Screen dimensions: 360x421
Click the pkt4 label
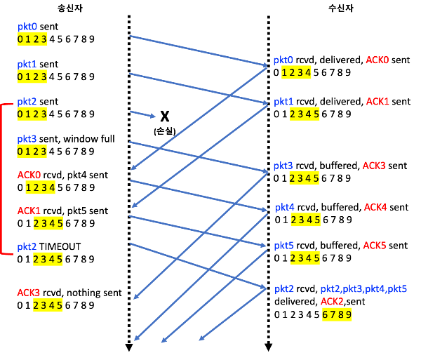284,207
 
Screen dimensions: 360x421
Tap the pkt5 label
283,246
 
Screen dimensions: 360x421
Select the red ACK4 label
375,207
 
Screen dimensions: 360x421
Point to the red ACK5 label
374,246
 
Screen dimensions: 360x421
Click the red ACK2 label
332,302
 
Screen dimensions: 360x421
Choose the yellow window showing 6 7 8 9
337,314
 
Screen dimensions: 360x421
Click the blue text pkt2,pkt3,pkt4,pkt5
363,289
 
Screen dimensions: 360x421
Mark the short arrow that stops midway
142,114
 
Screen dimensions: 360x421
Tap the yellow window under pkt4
305,220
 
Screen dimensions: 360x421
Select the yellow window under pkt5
305,258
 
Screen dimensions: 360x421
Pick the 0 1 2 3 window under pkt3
32,152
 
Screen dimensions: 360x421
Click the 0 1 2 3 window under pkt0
32,39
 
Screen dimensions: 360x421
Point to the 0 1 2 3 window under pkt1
32,76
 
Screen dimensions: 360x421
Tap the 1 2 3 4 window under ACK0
40,187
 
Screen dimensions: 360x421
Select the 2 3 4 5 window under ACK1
48,224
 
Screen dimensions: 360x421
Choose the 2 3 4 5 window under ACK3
48,305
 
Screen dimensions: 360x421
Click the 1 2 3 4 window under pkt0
296,72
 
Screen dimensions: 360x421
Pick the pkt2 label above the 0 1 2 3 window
27,101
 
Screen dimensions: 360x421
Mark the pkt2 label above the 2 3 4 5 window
27,247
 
